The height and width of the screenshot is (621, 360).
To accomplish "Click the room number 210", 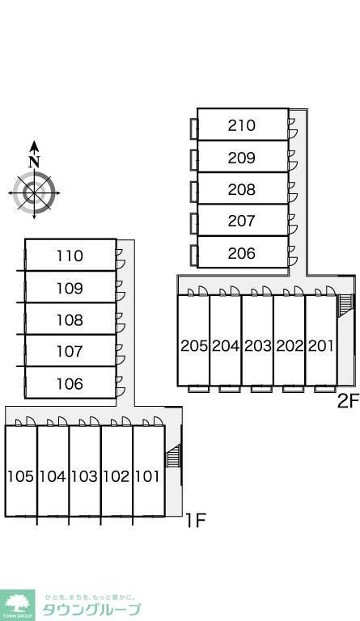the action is point(242,125).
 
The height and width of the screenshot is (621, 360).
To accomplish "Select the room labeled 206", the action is point(242,253).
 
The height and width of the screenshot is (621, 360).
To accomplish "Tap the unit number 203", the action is point(257,346).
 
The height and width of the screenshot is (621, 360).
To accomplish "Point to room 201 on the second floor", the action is point(321,346).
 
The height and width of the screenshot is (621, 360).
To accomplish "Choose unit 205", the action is point(194,346).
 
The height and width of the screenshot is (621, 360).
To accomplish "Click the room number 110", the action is point(70,256).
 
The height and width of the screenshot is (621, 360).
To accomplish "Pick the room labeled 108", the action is point(70,319).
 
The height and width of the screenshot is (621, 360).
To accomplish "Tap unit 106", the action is point(70,383).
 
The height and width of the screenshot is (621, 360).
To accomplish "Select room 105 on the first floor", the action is point(21,476).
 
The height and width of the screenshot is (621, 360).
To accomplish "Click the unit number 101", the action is point(148,476).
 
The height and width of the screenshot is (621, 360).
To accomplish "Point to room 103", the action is point(84,476).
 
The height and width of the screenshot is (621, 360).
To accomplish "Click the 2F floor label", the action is point(348,401).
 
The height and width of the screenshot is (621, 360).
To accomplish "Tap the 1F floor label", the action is point(196,521).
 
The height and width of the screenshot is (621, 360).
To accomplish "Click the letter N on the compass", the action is point(35,161).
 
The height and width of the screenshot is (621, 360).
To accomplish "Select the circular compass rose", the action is point(34,193).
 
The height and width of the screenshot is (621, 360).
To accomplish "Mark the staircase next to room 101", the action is point(173,455).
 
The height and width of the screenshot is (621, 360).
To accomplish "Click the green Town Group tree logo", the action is point(18,605).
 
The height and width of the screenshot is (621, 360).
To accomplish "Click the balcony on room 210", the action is point(194,129).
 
